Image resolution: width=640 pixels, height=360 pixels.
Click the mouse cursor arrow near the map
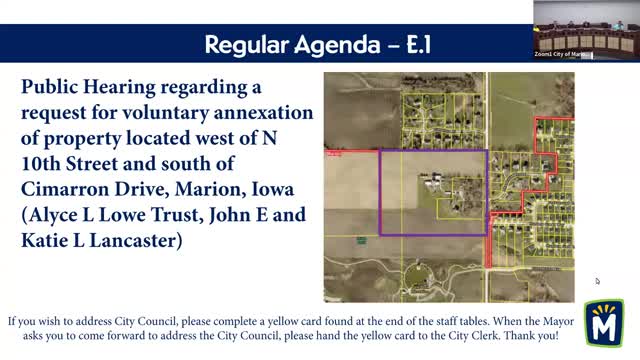598,281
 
